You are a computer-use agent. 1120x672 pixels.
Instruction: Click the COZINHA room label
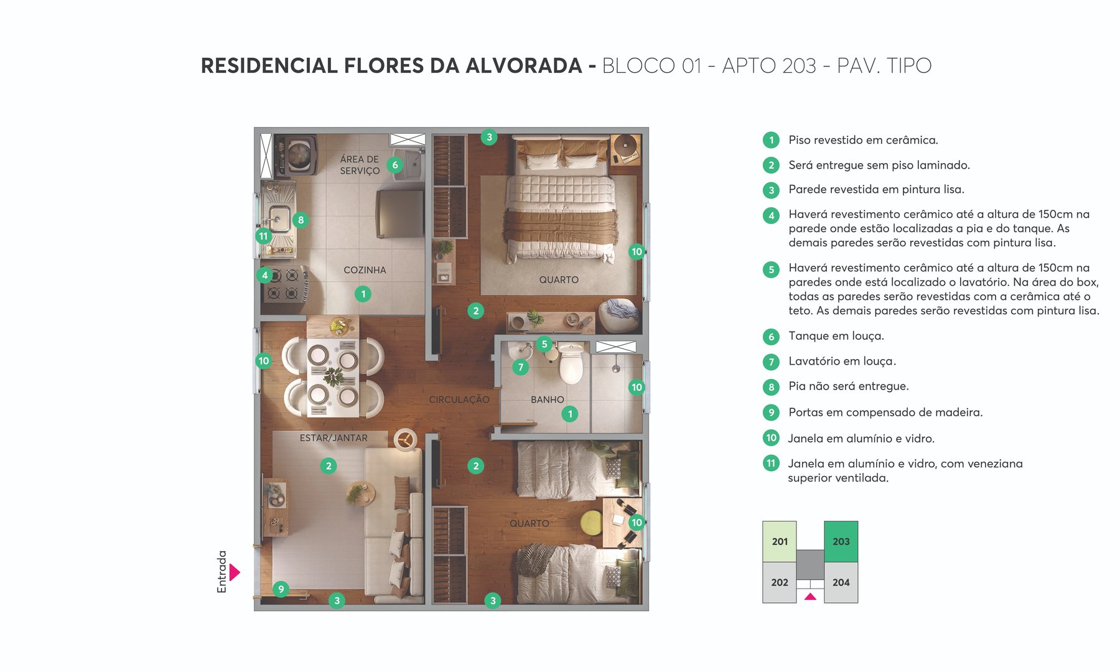click(x=365, y=270)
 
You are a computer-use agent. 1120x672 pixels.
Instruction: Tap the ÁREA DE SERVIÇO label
click(x=360, y=165)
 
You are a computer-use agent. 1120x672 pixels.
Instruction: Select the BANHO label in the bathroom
click(x=547, y=399)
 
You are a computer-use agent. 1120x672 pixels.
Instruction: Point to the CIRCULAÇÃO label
click(x=459, y=399)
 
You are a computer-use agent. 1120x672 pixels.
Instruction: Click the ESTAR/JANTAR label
click(x=334, y=438)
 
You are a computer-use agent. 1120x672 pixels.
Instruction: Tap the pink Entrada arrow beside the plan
click(x=235, y=572)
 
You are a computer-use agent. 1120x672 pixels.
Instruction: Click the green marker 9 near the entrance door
click(x=281, y=589)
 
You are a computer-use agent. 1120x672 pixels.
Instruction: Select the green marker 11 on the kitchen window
click(x=263, y=236)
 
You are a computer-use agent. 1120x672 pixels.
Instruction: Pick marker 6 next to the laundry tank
click(x=394, y=165)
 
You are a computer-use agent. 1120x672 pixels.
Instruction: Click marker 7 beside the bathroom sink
click(x=521, y=367)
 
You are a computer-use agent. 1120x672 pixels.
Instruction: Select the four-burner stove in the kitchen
click(x=284, y=284)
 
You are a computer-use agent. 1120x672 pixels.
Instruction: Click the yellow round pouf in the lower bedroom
click(x=591, y=523)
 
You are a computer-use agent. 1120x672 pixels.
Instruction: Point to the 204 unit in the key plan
click(x=841, y=582)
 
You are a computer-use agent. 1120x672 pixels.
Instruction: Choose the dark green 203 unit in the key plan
click(x=841, y=541)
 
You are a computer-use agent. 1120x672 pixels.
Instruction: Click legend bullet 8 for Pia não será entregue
click(x=771, y=387)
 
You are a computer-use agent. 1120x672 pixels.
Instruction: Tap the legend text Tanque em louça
click(x=836, y=336)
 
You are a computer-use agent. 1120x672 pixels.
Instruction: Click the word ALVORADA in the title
click(x=523, y=65)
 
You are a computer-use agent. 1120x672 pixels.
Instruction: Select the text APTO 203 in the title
click(x=768, y=65)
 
